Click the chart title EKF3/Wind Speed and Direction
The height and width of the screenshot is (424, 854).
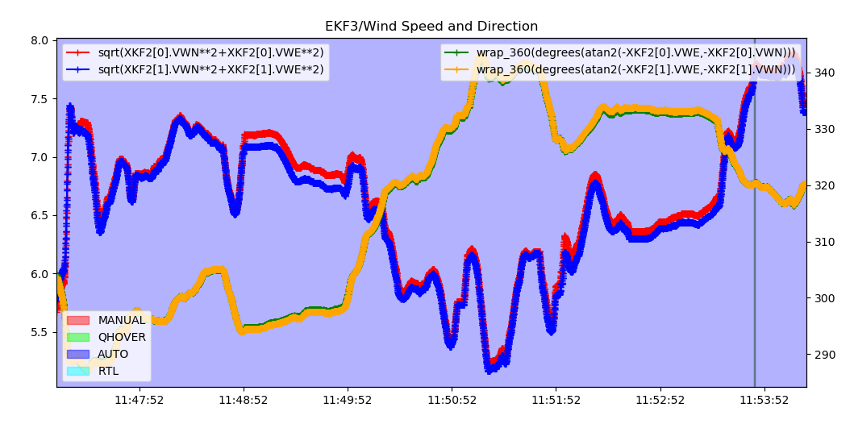[431, 27]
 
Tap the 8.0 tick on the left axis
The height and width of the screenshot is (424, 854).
[40, 40]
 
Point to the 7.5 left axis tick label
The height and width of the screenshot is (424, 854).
[40, 99]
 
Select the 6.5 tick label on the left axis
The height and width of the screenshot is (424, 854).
[40, 215]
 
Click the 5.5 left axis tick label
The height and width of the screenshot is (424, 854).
[40, 332]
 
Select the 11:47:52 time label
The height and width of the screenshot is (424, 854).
[140, 400]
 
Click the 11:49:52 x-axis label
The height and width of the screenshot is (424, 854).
[348, 400]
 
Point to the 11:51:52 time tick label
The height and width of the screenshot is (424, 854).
[556, 400]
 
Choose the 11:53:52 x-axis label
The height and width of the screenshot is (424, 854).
[764, 400]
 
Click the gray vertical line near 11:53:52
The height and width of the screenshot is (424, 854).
[755, 242]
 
